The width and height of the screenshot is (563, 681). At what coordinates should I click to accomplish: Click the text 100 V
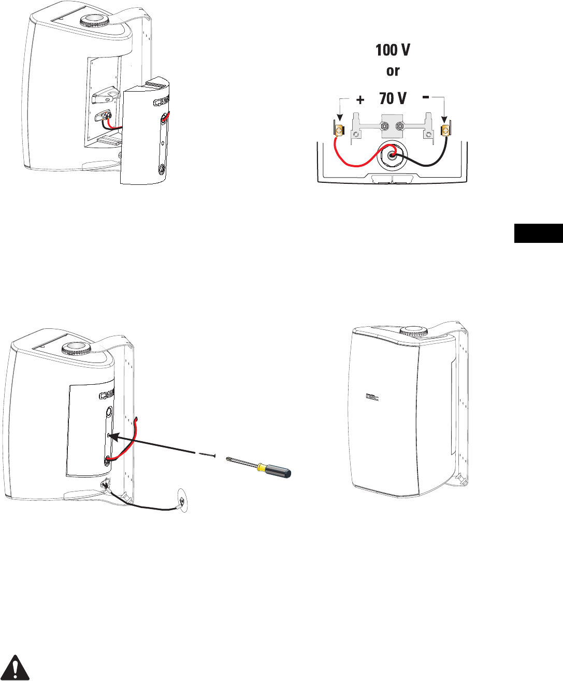pyautogui.click(x=393, y=51)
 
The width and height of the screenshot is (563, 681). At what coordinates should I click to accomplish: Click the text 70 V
pyautogui.click(x=393, y=98)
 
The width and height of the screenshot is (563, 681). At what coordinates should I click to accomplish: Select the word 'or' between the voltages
pyautogui.click(x=393, y=71)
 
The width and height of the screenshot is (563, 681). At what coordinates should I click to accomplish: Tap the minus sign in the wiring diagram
pyautogui.click(x=425, y=96)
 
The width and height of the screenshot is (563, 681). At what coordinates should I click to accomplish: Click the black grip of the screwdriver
pyautogui.click(x=280, y=472)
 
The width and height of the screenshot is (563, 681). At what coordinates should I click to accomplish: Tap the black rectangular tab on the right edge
pyautogui.click(x=538, y=233)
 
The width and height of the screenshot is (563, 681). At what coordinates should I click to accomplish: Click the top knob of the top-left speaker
pyautogui.click(x=93, y=21)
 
